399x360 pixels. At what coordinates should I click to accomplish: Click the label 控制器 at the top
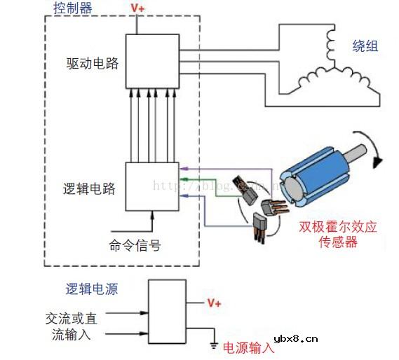[72, 9]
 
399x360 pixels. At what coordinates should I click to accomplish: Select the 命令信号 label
[134, 245]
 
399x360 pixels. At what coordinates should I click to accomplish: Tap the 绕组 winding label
[365, 46]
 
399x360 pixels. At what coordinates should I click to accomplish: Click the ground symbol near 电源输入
[210, 344]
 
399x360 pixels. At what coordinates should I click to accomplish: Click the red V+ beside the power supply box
[214, 303]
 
